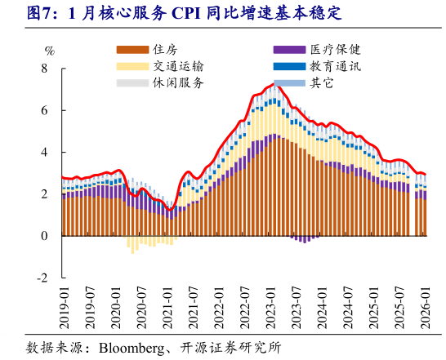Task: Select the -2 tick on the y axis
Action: coord(42,278)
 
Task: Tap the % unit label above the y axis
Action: coord(49,51)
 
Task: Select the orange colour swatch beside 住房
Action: coord(132,51)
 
